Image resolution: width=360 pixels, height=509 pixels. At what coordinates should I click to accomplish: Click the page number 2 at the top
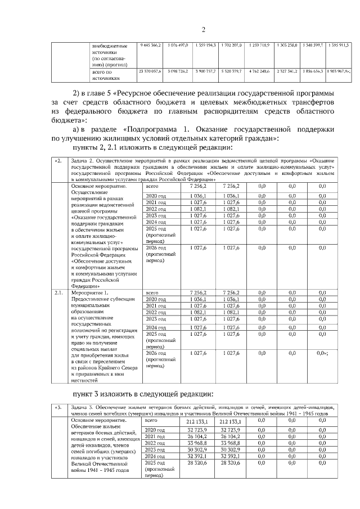tap(204, 30)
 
